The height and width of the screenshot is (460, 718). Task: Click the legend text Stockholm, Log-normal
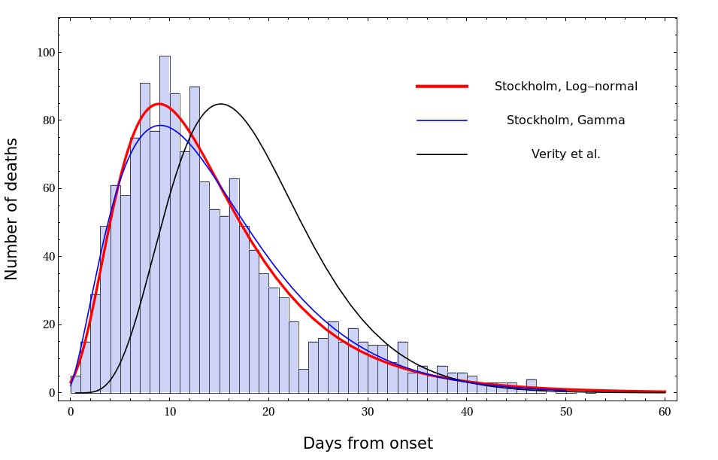point(565,87)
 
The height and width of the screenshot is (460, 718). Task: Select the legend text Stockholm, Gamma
point(565,120)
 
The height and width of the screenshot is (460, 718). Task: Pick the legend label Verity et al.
point(565,154)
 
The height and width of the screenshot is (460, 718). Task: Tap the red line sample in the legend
point(442,87)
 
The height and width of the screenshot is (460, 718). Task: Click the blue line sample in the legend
point(442,120)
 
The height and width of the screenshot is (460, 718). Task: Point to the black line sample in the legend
point(442,154)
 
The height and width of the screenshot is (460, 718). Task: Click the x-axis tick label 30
point(368,412)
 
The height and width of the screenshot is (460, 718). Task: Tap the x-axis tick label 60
point(665,412)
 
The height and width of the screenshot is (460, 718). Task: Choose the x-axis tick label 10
point(170,412)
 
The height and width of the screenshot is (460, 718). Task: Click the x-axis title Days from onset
point(368,443)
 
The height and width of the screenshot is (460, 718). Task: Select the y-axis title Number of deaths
point(12,209)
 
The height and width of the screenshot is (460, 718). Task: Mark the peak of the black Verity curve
point(220,104)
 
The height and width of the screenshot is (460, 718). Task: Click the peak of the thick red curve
point(159,104)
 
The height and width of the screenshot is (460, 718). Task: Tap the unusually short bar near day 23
point(303,381)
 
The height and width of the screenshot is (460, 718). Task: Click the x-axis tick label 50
point(565,412)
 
